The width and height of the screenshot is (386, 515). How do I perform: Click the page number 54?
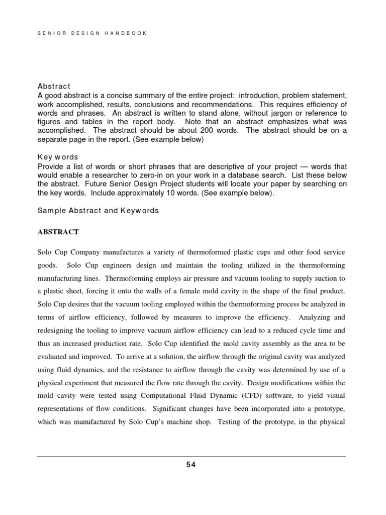pyautogui.click(x=191, y=465)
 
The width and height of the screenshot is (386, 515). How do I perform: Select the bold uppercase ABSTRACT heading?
pyautogui.click(x=57, y=232)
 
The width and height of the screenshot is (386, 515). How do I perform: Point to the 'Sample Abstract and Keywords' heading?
pyautogui.click(x=98, y=211)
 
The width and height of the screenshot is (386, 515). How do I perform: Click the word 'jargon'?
pyautogui.click(x=285, y=113)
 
